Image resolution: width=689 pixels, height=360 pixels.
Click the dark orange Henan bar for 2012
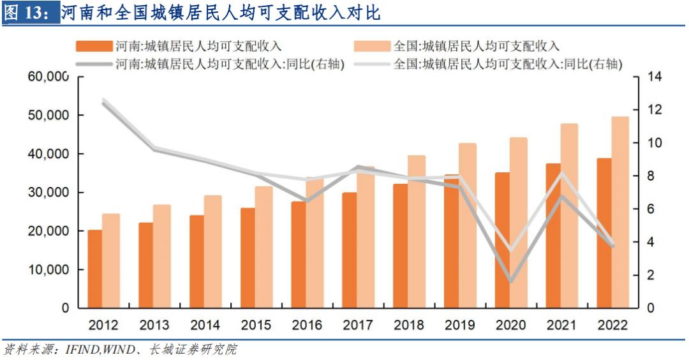pyautogui.click(x=94, y=269)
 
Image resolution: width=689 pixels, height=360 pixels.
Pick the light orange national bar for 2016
pyautogui.click(x=315, y=243)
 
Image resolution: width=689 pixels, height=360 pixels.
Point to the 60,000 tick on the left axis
pyautogui.click(x=48, y=77)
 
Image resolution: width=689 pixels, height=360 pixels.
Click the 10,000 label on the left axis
pyautogui.click(x=48, y=269)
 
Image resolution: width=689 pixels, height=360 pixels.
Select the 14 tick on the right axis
pyautogui.click(x=655, y=77)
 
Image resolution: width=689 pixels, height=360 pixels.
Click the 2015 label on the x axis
pyautogui.click(x=256, y=325)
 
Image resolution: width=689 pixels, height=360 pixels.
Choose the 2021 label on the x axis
pyautogui.click(x=561, y=325)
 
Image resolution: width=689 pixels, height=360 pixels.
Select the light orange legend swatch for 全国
pyautogui.click(x=373, y=46)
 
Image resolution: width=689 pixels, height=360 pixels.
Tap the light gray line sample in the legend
pyautogui.click(x=373, y=64)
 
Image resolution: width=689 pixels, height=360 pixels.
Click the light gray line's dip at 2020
pyautogui.click(x=511, y=250)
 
